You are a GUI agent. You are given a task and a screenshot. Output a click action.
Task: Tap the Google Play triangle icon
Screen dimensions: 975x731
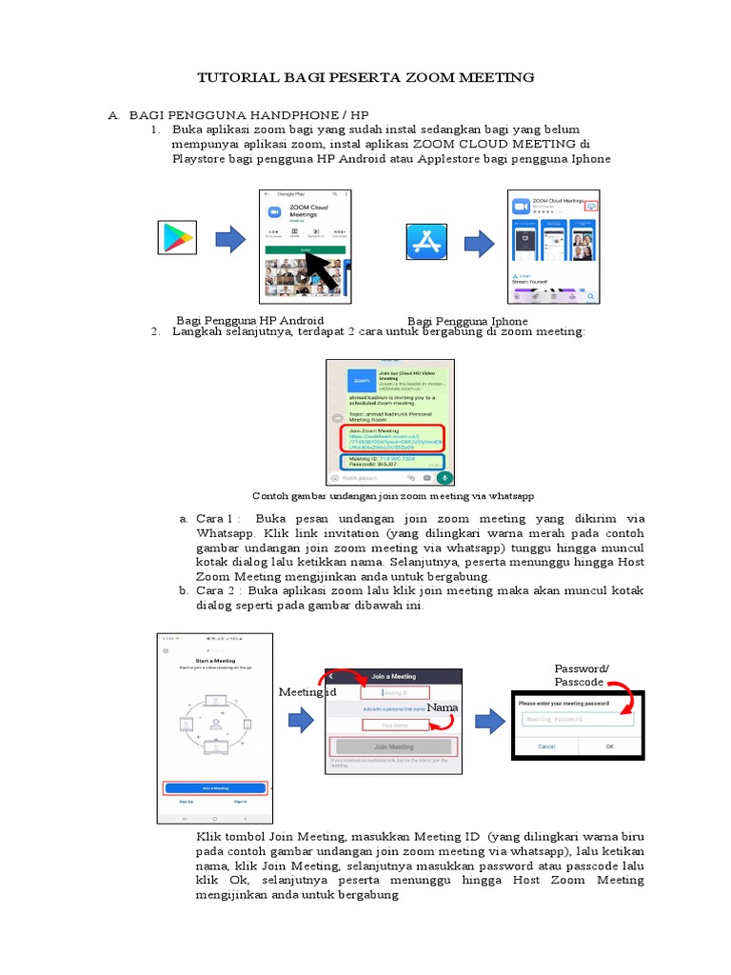(x=176, y=238)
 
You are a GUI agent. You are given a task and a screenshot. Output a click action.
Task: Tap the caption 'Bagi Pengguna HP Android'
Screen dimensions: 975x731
(x=250, y=320)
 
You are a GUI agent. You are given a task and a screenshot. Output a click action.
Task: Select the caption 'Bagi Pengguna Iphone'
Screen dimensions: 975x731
(x=467, y=321)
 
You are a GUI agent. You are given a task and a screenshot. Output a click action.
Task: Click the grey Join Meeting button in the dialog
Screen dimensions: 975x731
(x=393, y=747)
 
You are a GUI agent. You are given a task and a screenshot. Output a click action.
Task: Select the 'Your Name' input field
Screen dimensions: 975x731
(x=394, y=725)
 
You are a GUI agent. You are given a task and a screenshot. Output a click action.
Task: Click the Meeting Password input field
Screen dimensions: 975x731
(x=578, y=719)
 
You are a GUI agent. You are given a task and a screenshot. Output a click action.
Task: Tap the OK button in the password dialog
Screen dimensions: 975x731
(x=609, y=746)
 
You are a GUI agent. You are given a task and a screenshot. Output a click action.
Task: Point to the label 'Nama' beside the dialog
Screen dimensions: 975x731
(x=443, y=708)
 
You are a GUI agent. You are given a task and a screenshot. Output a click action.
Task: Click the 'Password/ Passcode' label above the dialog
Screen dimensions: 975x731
(x=582, y=676)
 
